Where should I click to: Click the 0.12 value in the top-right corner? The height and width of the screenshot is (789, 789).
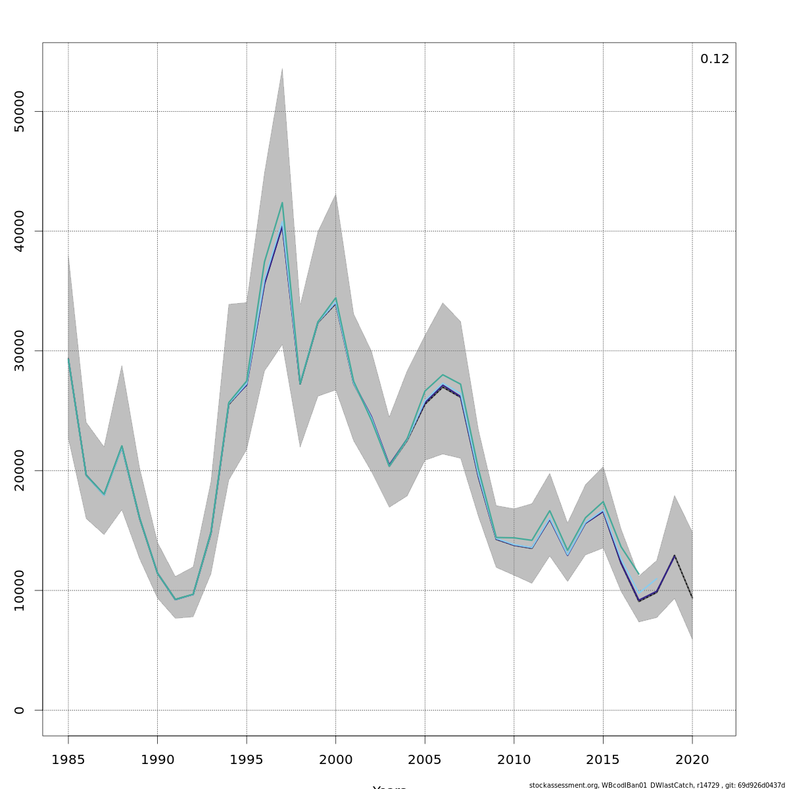pyautogui.click(x=714, y=59)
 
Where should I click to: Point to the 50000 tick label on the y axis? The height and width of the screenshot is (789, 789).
pyautogui.click(x=19, y=112)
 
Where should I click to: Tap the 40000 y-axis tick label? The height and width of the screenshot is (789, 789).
pyautogui.click(x=19, y=231)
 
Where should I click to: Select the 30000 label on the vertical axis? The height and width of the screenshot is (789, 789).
pyautogui.click(x=19, y=351)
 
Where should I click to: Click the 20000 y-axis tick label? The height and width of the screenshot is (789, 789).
pyautogui.click(x=19, y=471)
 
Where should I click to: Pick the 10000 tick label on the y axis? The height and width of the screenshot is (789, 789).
pyautogui.click(x=19, y=590)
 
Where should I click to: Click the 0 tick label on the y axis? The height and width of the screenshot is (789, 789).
pyautogui.click(x=19, y=710)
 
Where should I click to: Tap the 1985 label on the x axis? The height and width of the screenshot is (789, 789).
pyautogui.click(x=68, y=760)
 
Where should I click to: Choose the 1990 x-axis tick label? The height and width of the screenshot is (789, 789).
pyautogui.click(x=157, y=760)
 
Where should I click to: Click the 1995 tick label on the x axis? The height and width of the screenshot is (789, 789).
pyautogui.click(x=247, y=760)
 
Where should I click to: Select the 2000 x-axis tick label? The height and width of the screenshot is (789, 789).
pyautogui.click(x=335, y=760)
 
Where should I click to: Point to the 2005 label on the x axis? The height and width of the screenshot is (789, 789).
pyautogui.click(x=425, y=760)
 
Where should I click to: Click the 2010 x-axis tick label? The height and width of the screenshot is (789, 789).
pyautogui.click(x=514, y=760)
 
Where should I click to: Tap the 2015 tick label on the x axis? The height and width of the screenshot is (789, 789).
pyautogui.click(x=603, y=760)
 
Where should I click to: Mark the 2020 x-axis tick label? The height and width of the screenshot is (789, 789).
pyautogui.click(x=692, y=760)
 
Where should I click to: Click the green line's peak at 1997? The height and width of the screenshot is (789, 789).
pyautogui.click(x=282, y=203)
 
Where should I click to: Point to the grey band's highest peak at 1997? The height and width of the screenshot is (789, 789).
pyautogui.click(x=282, y=68)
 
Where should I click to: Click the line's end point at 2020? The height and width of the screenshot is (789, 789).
pyautogui.click(x=692, y=597)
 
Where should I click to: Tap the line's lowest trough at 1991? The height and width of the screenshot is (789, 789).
pyautogui.click(x=175, y=599)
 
